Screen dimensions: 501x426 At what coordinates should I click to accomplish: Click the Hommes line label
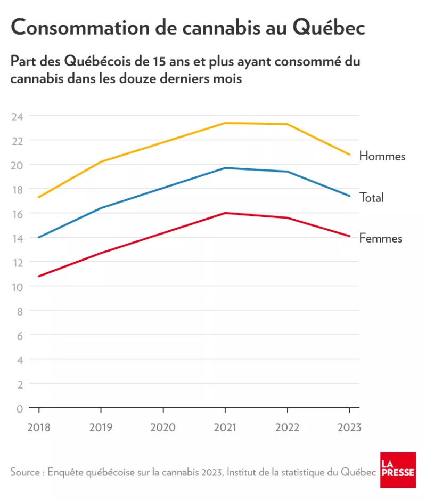382,156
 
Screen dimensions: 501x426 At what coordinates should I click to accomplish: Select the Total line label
371,198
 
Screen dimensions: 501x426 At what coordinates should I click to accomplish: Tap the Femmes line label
380,238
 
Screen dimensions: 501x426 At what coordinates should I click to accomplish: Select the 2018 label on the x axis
38,427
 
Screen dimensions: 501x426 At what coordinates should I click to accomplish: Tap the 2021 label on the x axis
225,427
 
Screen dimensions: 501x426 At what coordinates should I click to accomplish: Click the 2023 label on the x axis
349,427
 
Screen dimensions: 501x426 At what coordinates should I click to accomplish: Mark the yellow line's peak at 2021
225,123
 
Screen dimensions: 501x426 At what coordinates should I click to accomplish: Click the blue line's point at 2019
101,208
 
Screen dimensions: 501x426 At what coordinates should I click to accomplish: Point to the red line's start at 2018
39,276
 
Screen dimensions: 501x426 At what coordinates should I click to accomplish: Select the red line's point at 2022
287,217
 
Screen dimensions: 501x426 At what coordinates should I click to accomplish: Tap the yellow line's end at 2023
349,155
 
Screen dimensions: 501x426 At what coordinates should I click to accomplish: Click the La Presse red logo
398,470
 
